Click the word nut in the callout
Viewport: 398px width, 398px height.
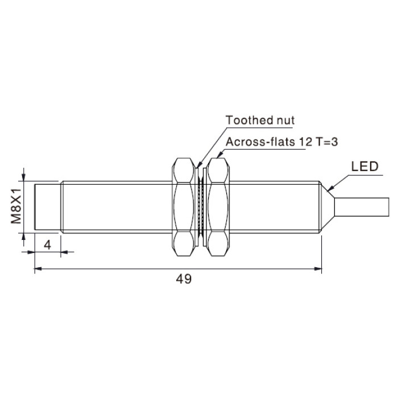click(x=285, y=121)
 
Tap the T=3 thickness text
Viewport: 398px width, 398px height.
click(x=327, y=142)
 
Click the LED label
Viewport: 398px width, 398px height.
click(x=365, y=167)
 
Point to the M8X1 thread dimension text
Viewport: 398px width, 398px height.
click(x=16, y=206)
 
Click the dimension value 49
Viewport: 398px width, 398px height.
click(x=184, y=279)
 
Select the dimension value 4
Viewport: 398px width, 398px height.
click(x=47, y=245)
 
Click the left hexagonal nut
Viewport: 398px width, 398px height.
click(x=184, y=207)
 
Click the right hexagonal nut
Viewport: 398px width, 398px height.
click(x=218, y=207)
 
